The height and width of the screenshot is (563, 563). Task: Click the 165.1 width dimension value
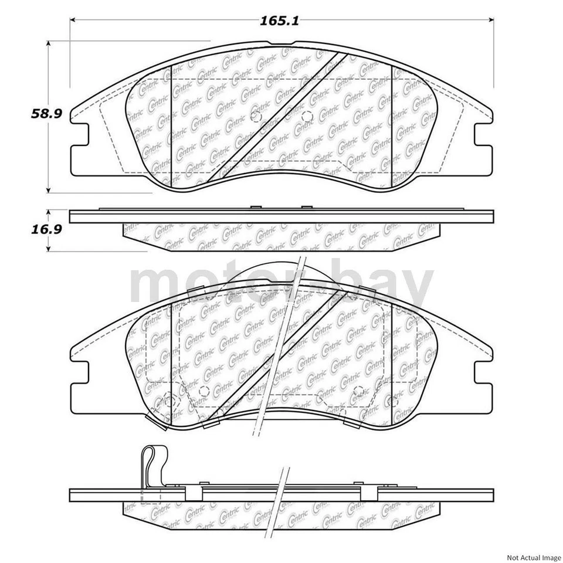(x=280, y=21)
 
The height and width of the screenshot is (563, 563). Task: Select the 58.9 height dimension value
(x=46, y=114)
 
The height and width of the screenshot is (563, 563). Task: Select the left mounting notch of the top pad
(x=79, y=134)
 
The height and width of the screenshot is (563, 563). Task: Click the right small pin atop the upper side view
(x=306, y=208)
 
